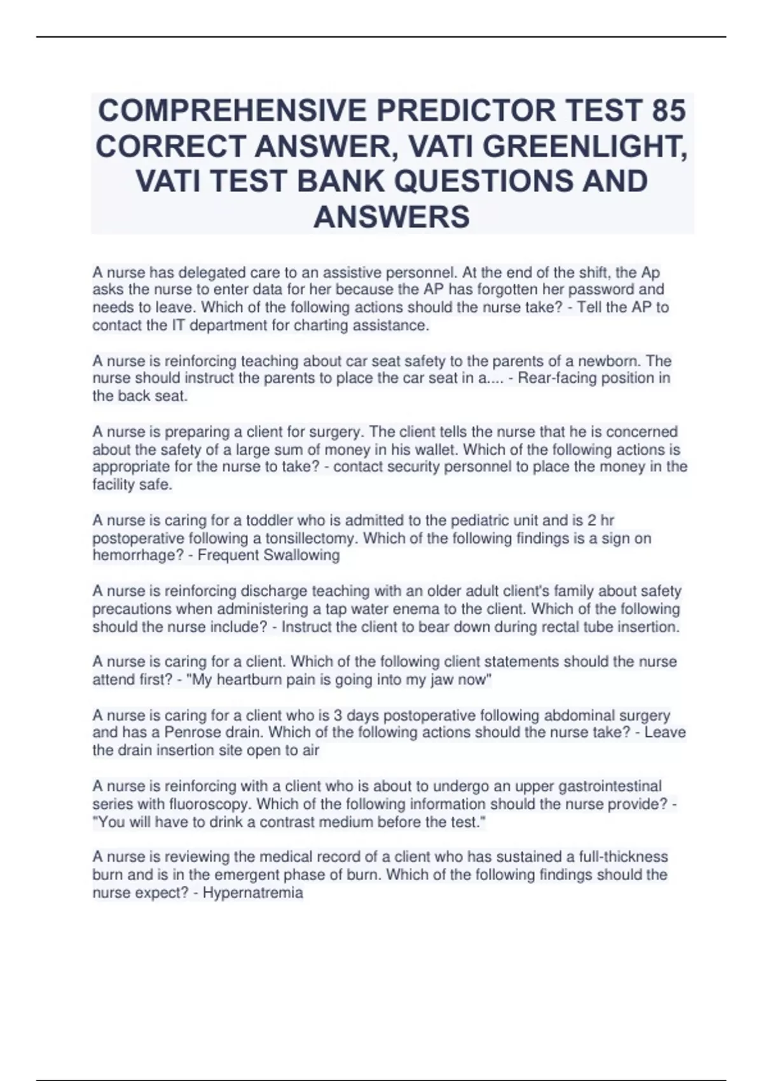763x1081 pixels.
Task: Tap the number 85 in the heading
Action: [668, 111]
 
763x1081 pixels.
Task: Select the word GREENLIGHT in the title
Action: [584, 147]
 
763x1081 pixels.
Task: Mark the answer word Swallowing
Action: [301, 555]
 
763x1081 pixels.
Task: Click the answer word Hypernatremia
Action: [252, 892]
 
